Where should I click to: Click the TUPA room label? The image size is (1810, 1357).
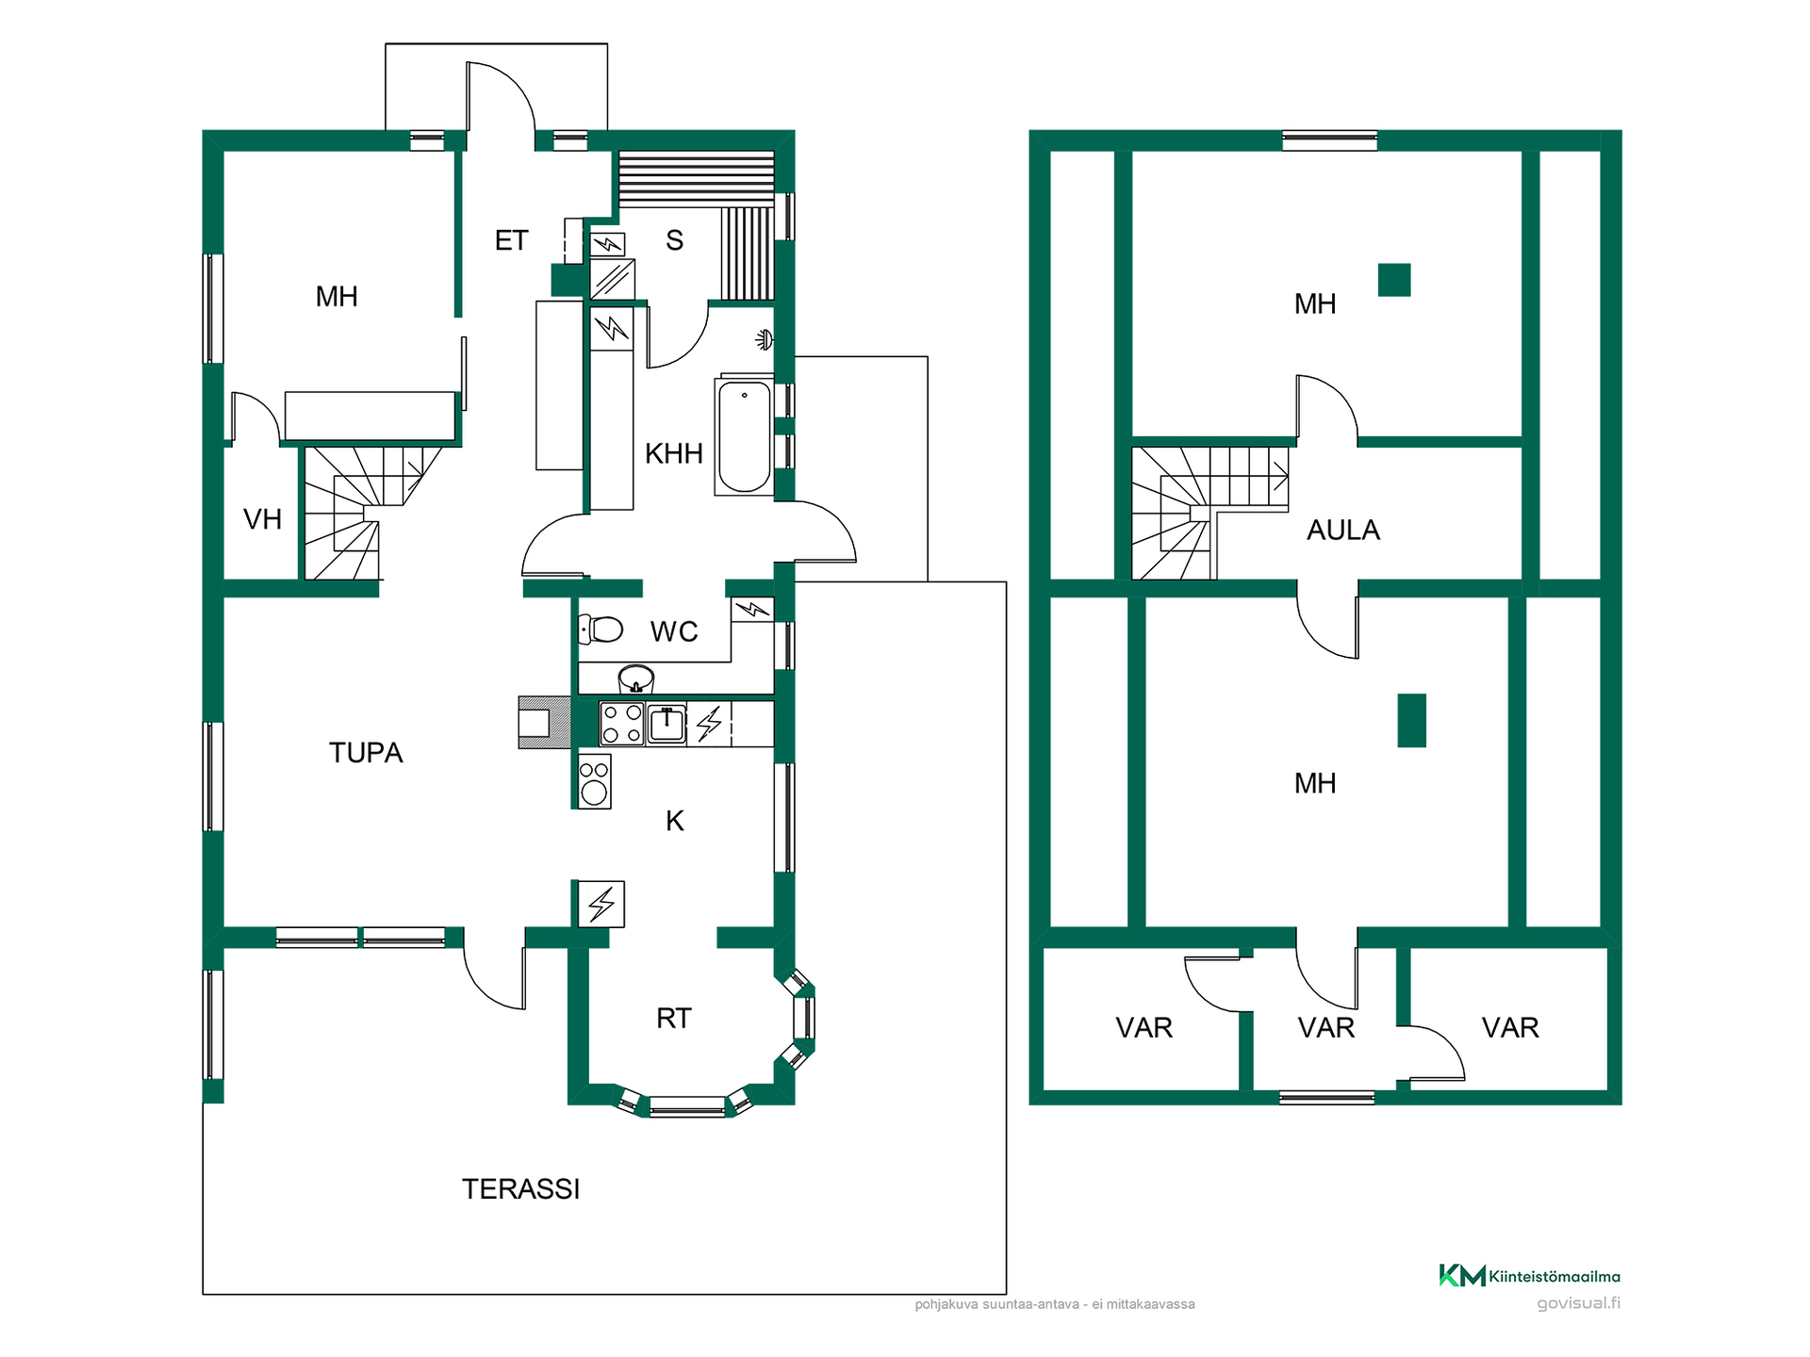pos(366,752)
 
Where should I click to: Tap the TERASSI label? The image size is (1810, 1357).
pos(520,1189)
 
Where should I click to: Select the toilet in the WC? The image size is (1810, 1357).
pos(601,629)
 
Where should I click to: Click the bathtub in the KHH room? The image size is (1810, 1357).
pos(745,436)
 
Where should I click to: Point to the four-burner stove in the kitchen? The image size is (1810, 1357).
pos(622,724)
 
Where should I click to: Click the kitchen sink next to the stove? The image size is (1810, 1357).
pos(666,724)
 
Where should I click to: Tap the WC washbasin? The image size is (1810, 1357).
pos(636,678)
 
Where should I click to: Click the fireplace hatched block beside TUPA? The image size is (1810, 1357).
pos(544,723)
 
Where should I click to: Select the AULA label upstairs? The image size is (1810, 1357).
pos(1342,531)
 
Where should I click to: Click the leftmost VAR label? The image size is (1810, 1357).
pos(1144,1027)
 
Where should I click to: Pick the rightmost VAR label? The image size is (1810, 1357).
pos(1510,1027)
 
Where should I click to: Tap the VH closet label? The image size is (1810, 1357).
pos(262,519)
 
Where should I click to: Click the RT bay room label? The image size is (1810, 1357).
pos(673,1018)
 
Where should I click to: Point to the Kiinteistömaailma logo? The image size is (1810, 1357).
pos(1529,1276)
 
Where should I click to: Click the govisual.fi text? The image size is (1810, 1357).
pos(1578,1303)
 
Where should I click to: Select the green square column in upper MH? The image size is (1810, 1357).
pos(1394,280)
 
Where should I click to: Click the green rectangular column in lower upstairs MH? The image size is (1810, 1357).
pos(1411,720)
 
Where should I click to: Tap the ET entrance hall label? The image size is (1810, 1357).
pos(511,240)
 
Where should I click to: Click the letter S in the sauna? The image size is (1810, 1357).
pos(674,240)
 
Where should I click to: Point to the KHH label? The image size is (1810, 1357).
pos(673,454)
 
